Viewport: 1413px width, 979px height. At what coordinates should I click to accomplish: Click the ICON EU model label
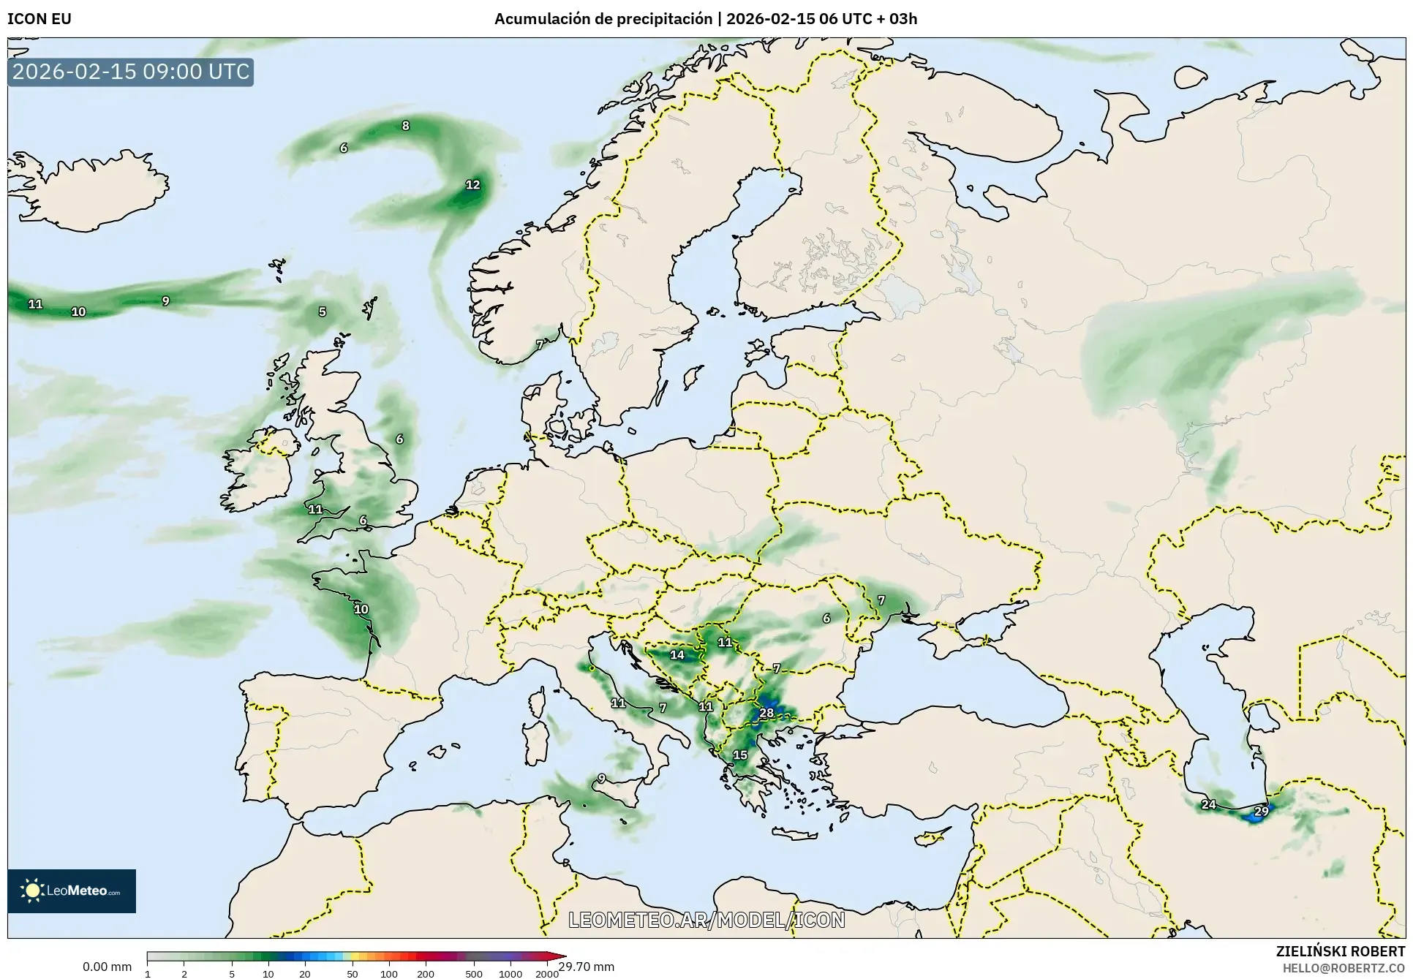(39, 19)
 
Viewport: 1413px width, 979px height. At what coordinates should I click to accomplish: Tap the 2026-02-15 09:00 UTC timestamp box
(131, 72)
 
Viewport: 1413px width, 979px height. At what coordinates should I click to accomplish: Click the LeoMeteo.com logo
(72, 891)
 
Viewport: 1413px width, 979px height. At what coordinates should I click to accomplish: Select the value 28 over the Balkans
(766, 713)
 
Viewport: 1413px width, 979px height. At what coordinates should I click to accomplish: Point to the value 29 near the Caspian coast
(1262, 811)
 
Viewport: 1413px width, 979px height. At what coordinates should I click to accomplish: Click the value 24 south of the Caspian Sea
(1208, 804)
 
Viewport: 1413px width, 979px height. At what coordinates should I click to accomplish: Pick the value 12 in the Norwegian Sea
(473, 184)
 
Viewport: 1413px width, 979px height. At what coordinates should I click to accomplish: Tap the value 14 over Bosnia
(677, 654)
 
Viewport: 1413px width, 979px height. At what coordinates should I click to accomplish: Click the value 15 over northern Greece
(740, 755)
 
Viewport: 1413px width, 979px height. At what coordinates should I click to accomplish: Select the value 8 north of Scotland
(406, 126)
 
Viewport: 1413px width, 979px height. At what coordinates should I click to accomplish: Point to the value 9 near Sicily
(601, 778)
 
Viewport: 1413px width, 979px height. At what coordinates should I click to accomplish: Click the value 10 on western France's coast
(361, 609)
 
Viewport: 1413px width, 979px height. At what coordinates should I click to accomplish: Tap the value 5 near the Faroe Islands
(323, 311)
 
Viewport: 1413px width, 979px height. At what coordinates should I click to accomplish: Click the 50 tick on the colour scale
(353, 973)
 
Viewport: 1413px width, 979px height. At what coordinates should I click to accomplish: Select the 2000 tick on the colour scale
(546, 973)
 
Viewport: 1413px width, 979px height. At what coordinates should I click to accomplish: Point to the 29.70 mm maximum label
(587, 967)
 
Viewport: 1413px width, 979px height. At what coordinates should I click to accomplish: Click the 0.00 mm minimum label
(107, 967)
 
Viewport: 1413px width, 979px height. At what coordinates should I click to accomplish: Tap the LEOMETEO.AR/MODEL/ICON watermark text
(706, 920)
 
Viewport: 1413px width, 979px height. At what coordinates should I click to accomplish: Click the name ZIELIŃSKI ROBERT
(1340, 951)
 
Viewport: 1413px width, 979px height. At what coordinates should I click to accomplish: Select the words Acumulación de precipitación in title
(603, 19)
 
